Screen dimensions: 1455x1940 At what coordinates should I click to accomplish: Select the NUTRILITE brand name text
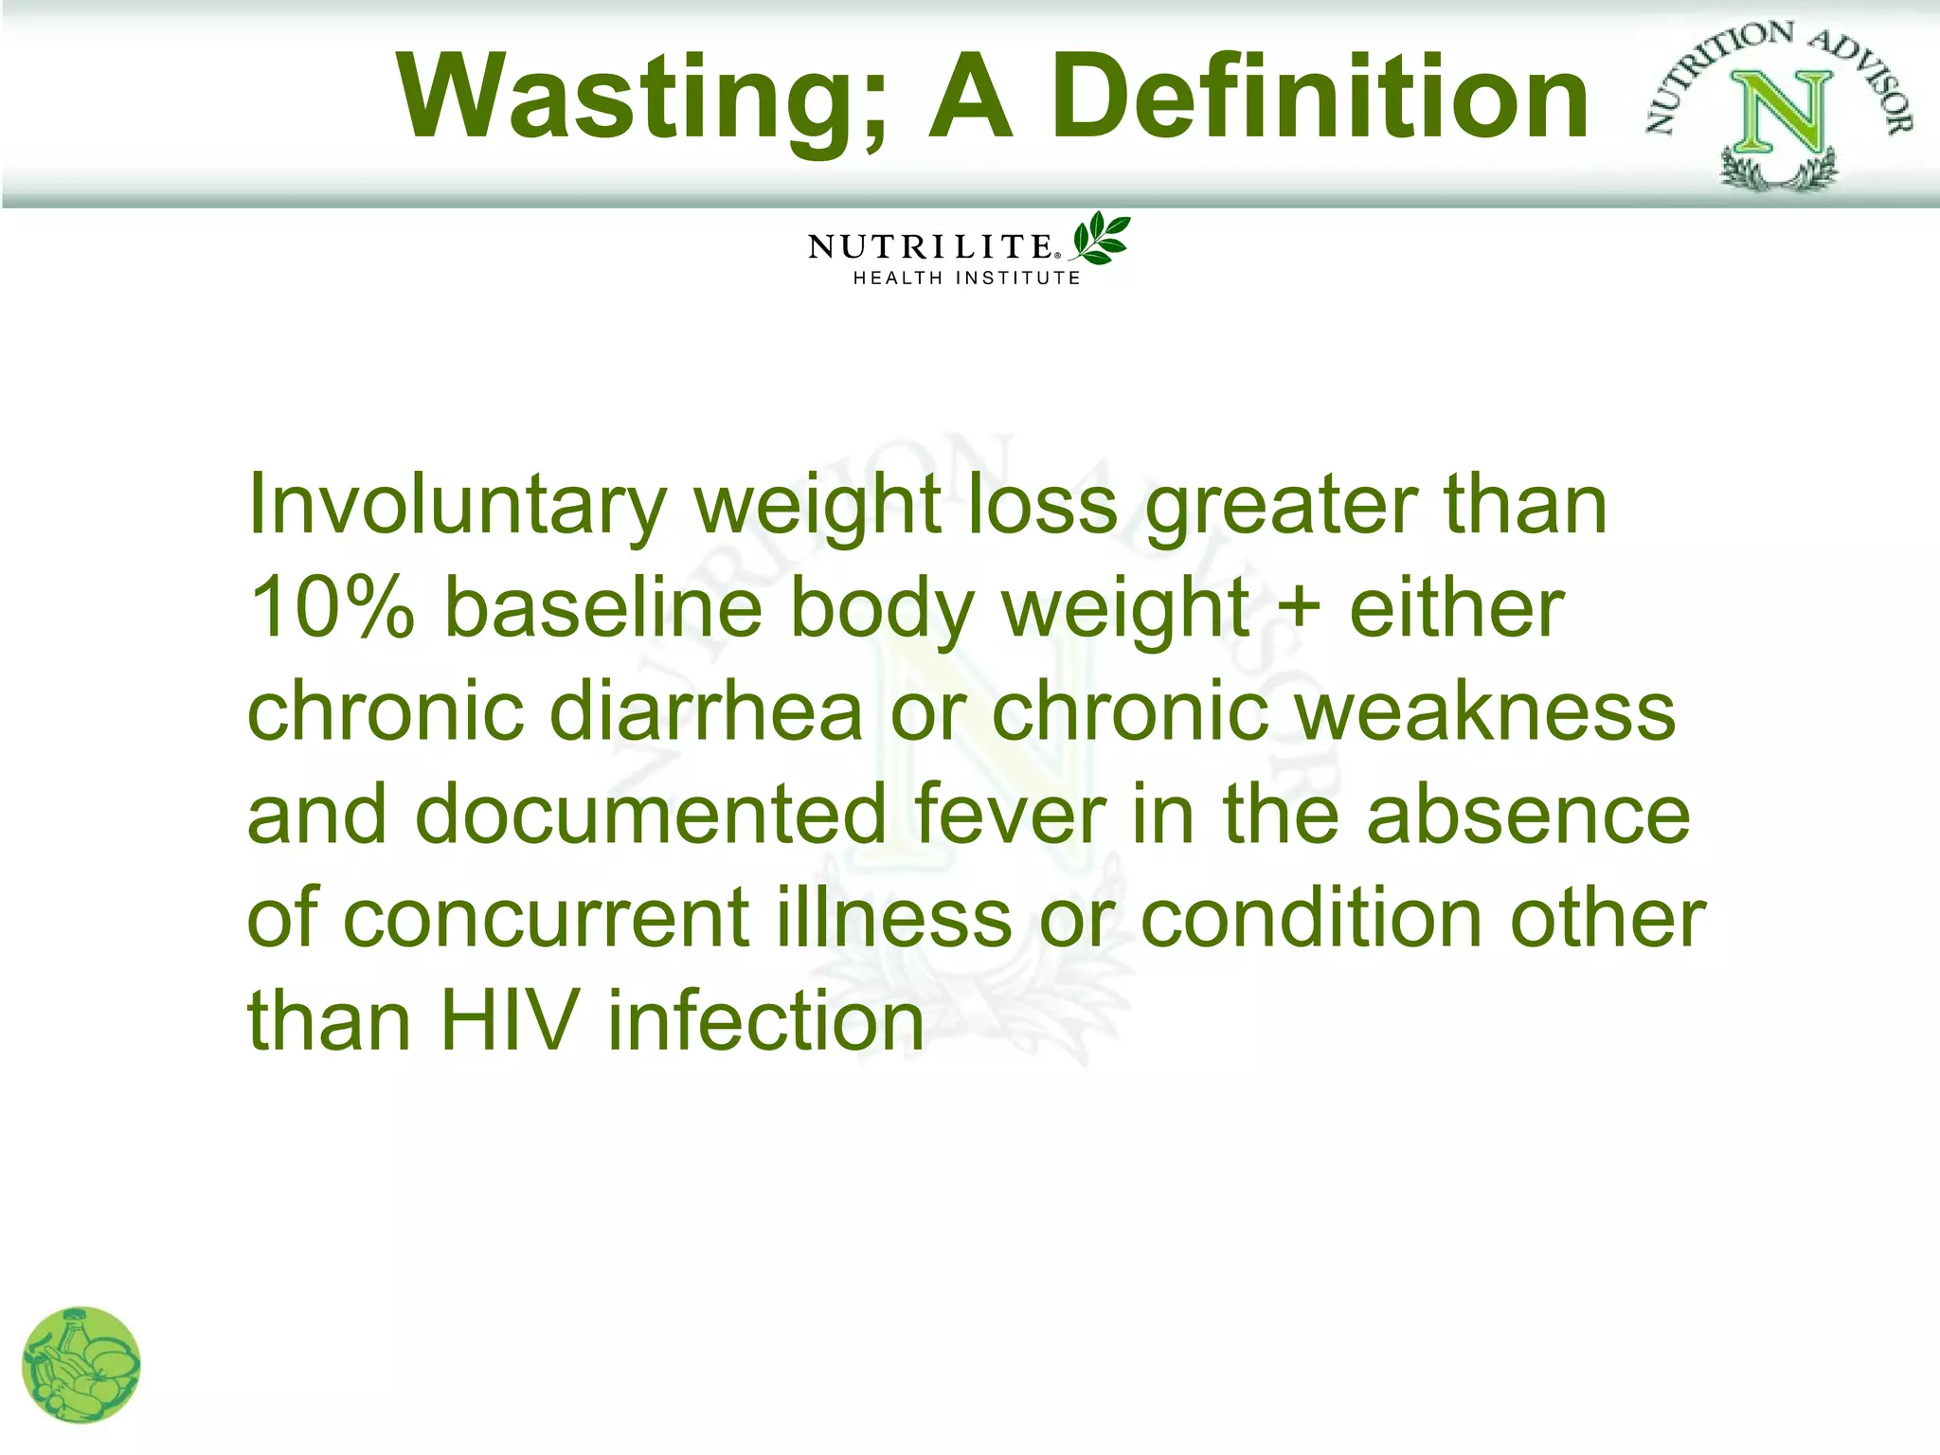click(x=931, y=247)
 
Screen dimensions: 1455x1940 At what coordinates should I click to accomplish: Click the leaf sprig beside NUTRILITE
click(x=1100, y=239)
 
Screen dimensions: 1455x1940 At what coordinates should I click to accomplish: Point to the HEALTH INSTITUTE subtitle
click(x=966, y=278)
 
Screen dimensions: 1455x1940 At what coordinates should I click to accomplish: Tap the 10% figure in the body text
click(x=332, y=608)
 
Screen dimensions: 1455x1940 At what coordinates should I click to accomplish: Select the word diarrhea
click(x=707, y=712)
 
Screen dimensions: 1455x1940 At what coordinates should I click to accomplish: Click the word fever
click(x=1010, y=815)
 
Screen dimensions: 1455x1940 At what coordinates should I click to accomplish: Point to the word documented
click(x=651, y=815)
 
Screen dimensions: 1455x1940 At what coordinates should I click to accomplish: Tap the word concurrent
click(x=547, y=919)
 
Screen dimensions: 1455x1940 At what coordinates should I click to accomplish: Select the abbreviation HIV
click(x=509, y=1021)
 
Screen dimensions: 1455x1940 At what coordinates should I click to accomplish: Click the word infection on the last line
click(x=765, y=1021)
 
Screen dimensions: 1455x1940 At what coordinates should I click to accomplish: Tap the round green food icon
click(x=81, y=1365)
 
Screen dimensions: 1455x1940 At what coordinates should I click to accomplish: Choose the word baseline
click(x=603, y=608)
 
